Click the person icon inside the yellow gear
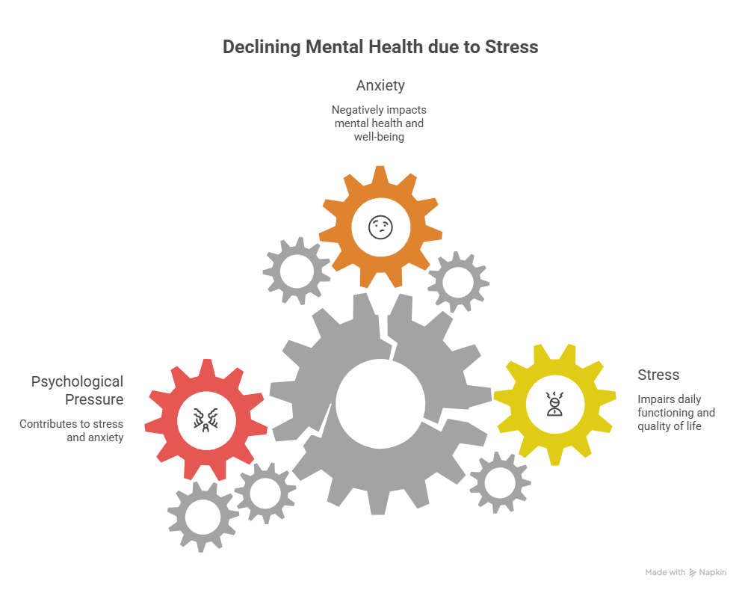coord(554,405)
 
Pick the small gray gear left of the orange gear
coord(297,270)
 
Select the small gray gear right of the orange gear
coord(458,281)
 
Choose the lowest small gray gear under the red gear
coord(203,516)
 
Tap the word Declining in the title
coord(261,47)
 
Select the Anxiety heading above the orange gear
coord(380,85)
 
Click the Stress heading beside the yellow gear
coord(658,375)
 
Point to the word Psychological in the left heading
coord(77,382)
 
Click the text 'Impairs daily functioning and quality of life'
coord(676,412)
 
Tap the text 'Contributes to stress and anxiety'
coord(72,431)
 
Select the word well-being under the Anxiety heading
coord(380,137)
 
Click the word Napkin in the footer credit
coord(712,572)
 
